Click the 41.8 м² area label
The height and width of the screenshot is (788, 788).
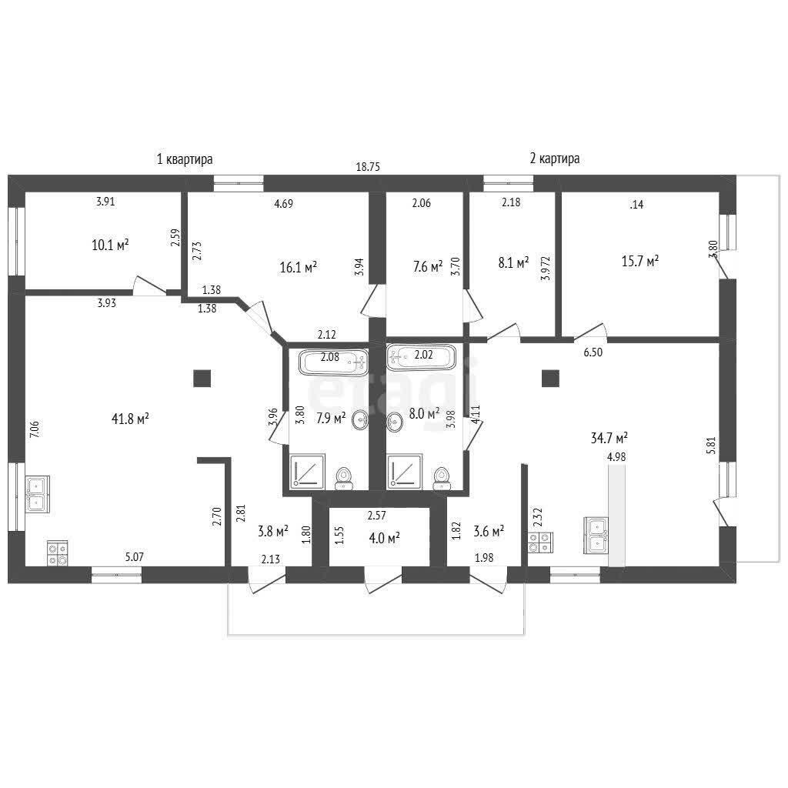point(129,419)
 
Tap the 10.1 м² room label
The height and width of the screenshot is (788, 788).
point(110,245)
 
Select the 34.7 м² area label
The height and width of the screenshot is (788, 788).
point(609,438)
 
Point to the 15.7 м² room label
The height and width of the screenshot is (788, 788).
point(639,262)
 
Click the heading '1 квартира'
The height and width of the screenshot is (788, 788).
point(185,159)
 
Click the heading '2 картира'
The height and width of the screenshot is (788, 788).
point(554,159)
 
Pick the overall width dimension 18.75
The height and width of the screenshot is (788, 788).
point(368,167)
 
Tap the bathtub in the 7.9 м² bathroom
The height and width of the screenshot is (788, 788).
point(333,362)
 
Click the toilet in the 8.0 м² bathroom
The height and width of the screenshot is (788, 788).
point(442,478)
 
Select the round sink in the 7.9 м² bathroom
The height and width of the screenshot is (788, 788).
point(360,419)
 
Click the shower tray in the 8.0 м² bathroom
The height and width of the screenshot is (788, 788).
point(404,471)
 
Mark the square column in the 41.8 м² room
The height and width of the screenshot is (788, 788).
point(202,379)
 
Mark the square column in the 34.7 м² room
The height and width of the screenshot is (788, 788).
point(550,379)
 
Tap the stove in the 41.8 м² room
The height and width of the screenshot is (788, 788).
point(57,553)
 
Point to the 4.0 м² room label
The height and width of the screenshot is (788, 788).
point(385,538)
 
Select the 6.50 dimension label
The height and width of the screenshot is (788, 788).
point(593,352)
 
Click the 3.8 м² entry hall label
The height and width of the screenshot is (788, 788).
point(273,531)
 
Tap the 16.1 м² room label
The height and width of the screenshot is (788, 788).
point(298,267)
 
